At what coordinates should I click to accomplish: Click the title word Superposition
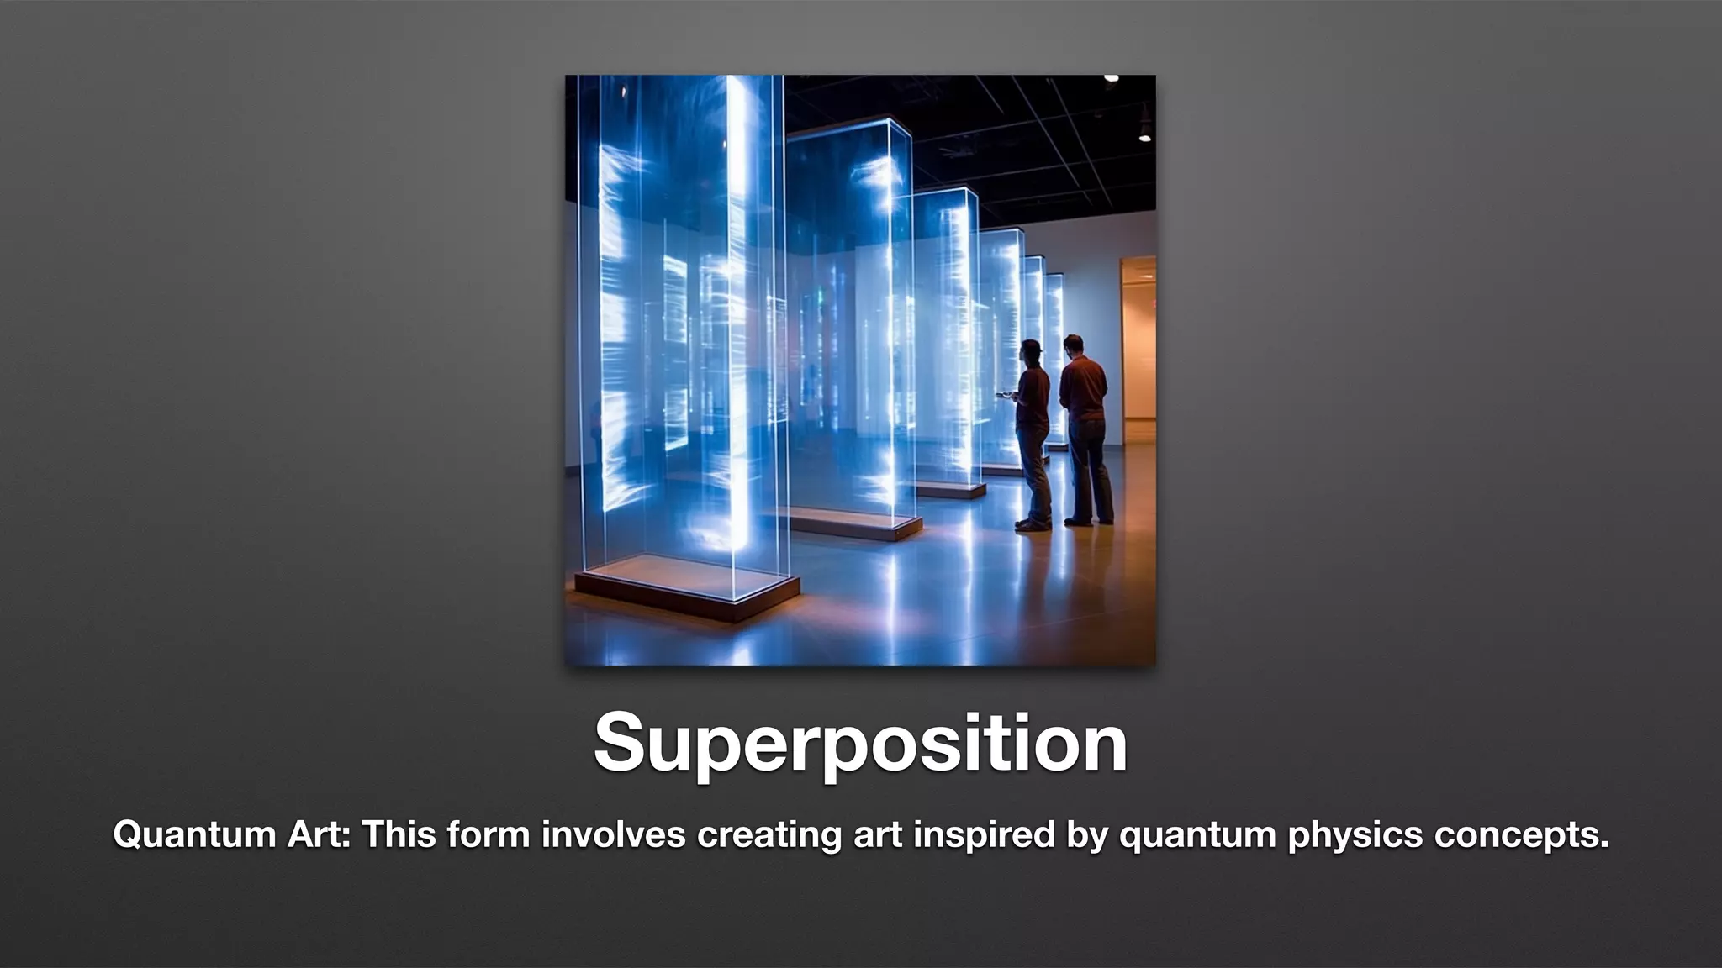860,744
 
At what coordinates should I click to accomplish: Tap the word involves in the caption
614,834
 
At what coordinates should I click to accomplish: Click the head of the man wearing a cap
1032,352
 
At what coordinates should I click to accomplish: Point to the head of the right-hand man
1073,345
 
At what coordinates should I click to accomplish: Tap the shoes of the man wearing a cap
1033,524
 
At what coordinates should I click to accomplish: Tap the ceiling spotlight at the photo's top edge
1111,79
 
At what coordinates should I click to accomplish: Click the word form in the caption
489,834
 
